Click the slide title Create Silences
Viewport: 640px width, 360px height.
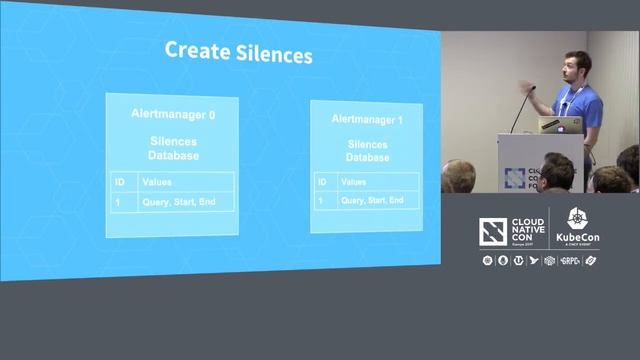238,52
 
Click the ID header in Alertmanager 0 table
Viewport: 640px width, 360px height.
121,183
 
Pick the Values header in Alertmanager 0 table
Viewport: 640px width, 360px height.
158,183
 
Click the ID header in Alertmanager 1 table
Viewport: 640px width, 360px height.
322,182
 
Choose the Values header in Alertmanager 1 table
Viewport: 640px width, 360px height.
354,182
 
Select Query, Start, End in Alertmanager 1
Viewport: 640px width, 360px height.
372,200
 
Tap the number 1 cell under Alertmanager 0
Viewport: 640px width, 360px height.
119,202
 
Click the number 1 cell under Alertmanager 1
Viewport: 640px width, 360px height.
321,200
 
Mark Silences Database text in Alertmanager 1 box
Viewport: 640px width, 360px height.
368,151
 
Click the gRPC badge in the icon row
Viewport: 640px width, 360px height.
572,261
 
